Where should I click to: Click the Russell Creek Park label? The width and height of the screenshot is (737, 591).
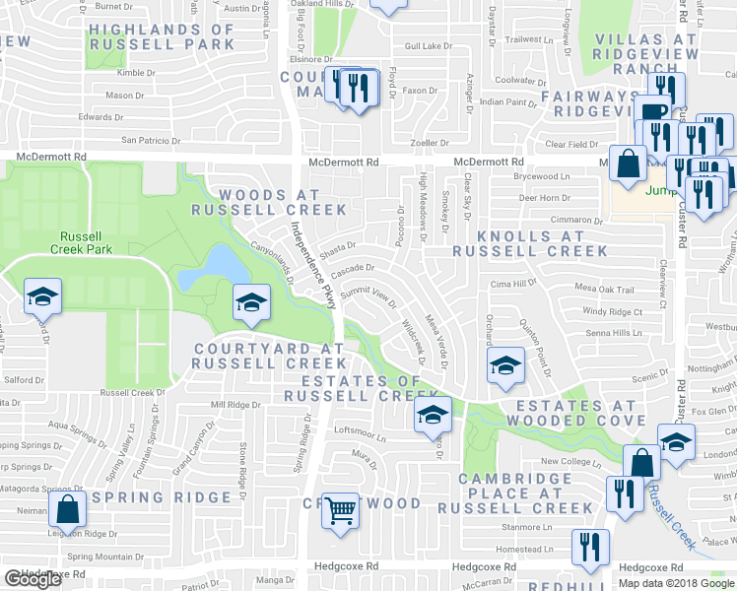(88, 242)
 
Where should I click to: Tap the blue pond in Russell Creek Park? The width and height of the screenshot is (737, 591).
(218, 265)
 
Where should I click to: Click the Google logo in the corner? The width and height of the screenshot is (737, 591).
(33, 579)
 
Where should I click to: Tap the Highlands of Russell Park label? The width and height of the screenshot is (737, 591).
(163, 36)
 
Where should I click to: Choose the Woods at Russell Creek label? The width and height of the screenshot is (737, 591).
(269, 202)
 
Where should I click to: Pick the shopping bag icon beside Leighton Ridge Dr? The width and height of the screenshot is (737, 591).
(67, 511)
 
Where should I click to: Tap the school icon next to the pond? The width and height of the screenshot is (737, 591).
(251, 302)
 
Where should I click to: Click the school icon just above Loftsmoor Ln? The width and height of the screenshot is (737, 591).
(431, 417)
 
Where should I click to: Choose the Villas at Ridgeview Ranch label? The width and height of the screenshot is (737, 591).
(646, 53)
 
